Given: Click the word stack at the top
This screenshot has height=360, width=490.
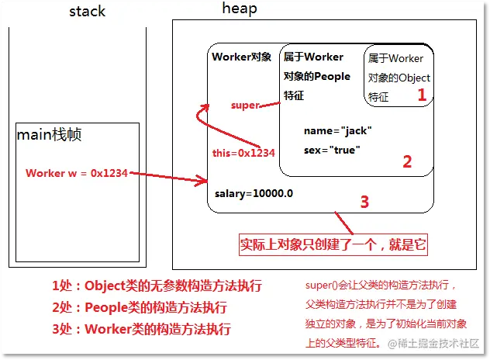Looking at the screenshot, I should click(x=88, y=12).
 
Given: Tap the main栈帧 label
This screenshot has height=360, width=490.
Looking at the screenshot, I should click(x=50, y=135).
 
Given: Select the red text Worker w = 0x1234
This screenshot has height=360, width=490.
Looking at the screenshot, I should click(x=76, y=173).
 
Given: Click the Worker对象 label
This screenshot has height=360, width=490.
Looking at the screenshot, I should click(x=241, y=57).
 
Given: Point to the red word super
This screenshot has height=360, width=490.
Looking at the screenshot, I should click(x=245, y=105).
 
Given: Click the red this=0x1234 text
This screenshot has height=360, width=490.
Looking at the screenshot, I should click(x=243, y=153).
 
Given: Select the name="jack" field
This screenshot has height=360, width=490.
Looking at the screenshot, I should click(x=338, y=130).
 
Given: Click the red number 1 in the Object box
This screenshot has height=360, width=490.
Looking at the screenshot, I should click(x=422, y=95).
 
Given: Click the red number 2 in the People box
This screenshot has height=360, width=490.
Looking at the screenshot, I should click(x=406, y=161).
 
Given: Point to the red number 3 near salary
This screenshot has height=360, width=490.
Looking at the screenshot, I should click(x=364, y=202).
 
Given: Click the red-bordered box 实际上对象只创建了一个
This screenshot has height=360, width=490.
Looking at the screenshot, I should click(x=333, y=244).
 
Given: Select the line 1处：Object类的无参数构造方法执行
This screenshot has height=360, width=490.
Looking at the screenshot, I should click(x=157, y=286).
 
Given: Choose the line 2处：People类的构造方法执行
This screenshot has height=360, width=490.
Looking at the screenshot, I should click(x=140, y=306).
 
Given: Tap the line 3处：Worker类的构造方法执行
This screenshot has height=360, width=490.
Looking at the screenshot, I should click(x=141, y=328).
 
